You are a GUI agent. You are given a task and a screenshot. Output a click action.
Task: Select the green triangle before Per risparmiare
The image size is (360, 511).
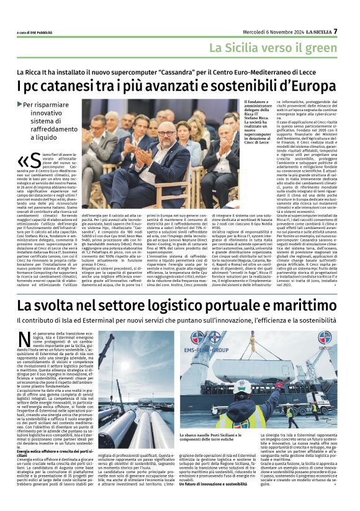click(19, 104)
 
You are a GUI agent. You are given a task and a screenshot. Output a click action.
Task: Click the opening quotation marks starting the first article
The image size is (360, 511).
click(24, 160)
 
